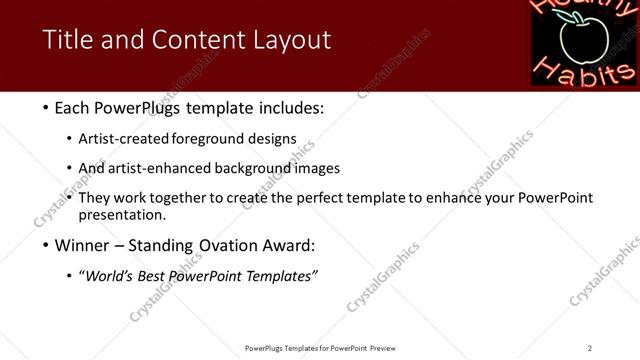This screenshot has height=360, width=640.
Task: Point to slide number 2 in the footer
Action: (x=590, y=348)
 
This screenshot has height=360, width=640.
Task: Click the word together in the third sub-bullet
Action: (x=176, y=198)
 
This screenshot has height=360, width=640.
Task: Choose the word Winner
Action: (x=85, y=245)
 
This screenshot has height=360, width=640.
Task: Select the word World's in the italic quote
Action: (x=112, y=276)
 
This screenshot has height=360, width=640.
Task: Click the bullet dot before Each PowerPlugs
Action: (x=47, y=108)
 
